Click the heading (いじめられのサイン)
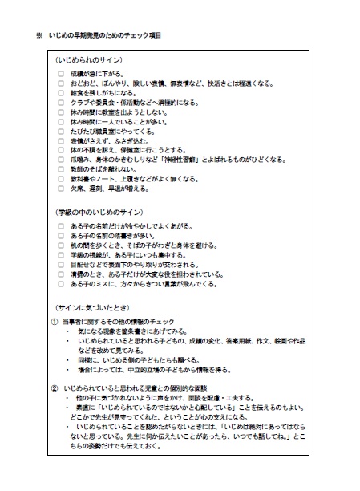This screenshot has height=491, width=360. coord(88,62)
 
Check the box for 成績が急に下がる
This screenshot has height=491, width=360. coord(60,75)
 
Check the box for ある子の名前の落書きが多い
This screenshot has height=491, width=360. coord(60,236)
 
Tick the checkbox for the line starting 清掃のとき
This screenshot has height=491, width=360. coord(60,274)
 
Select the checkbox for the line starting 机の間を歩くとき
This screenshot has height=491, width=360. coord(60,245)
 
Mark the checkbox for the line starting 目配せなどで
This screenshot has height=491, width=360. coord(60,264)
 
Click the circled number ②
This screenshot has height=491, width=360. coord(54,388)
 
